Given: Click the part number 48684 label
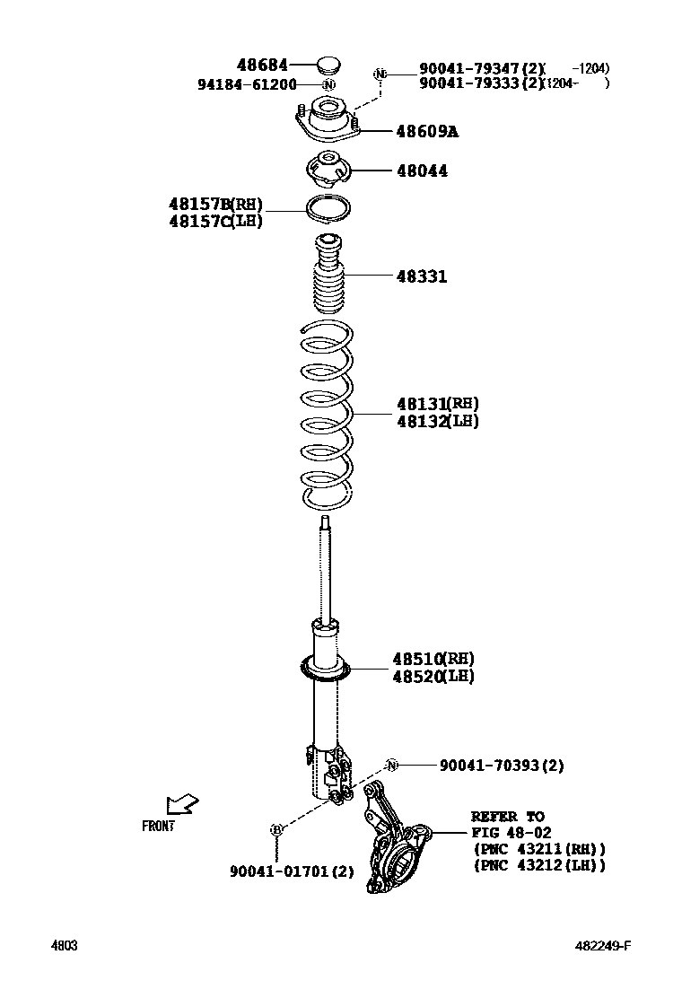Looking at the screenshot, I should coord(262,65).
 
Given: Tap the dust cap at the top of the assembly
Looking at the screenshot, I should coord(328,65).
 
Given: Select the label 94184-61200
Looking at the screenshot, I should coord(247,84).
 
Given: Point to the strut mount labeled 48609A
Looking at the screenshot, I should coord(328,122).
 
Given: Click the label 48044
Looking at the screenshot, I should coord(422,171).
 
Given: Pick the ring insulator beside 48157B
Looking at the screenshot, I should coord(328,209).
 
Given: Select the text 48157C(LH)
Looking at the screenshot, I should coord(215,221).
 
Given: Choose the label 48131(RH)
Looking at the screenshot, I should coord(438,404).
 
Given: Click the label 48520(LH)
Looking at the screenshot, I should coord(433,677).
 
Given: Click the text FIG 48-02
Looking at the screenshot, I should coord(511,832).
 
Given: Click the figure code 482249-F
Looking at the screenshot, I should coord(604,946).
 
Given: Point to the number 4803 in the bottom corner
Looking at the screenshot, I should coord(64,946).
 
